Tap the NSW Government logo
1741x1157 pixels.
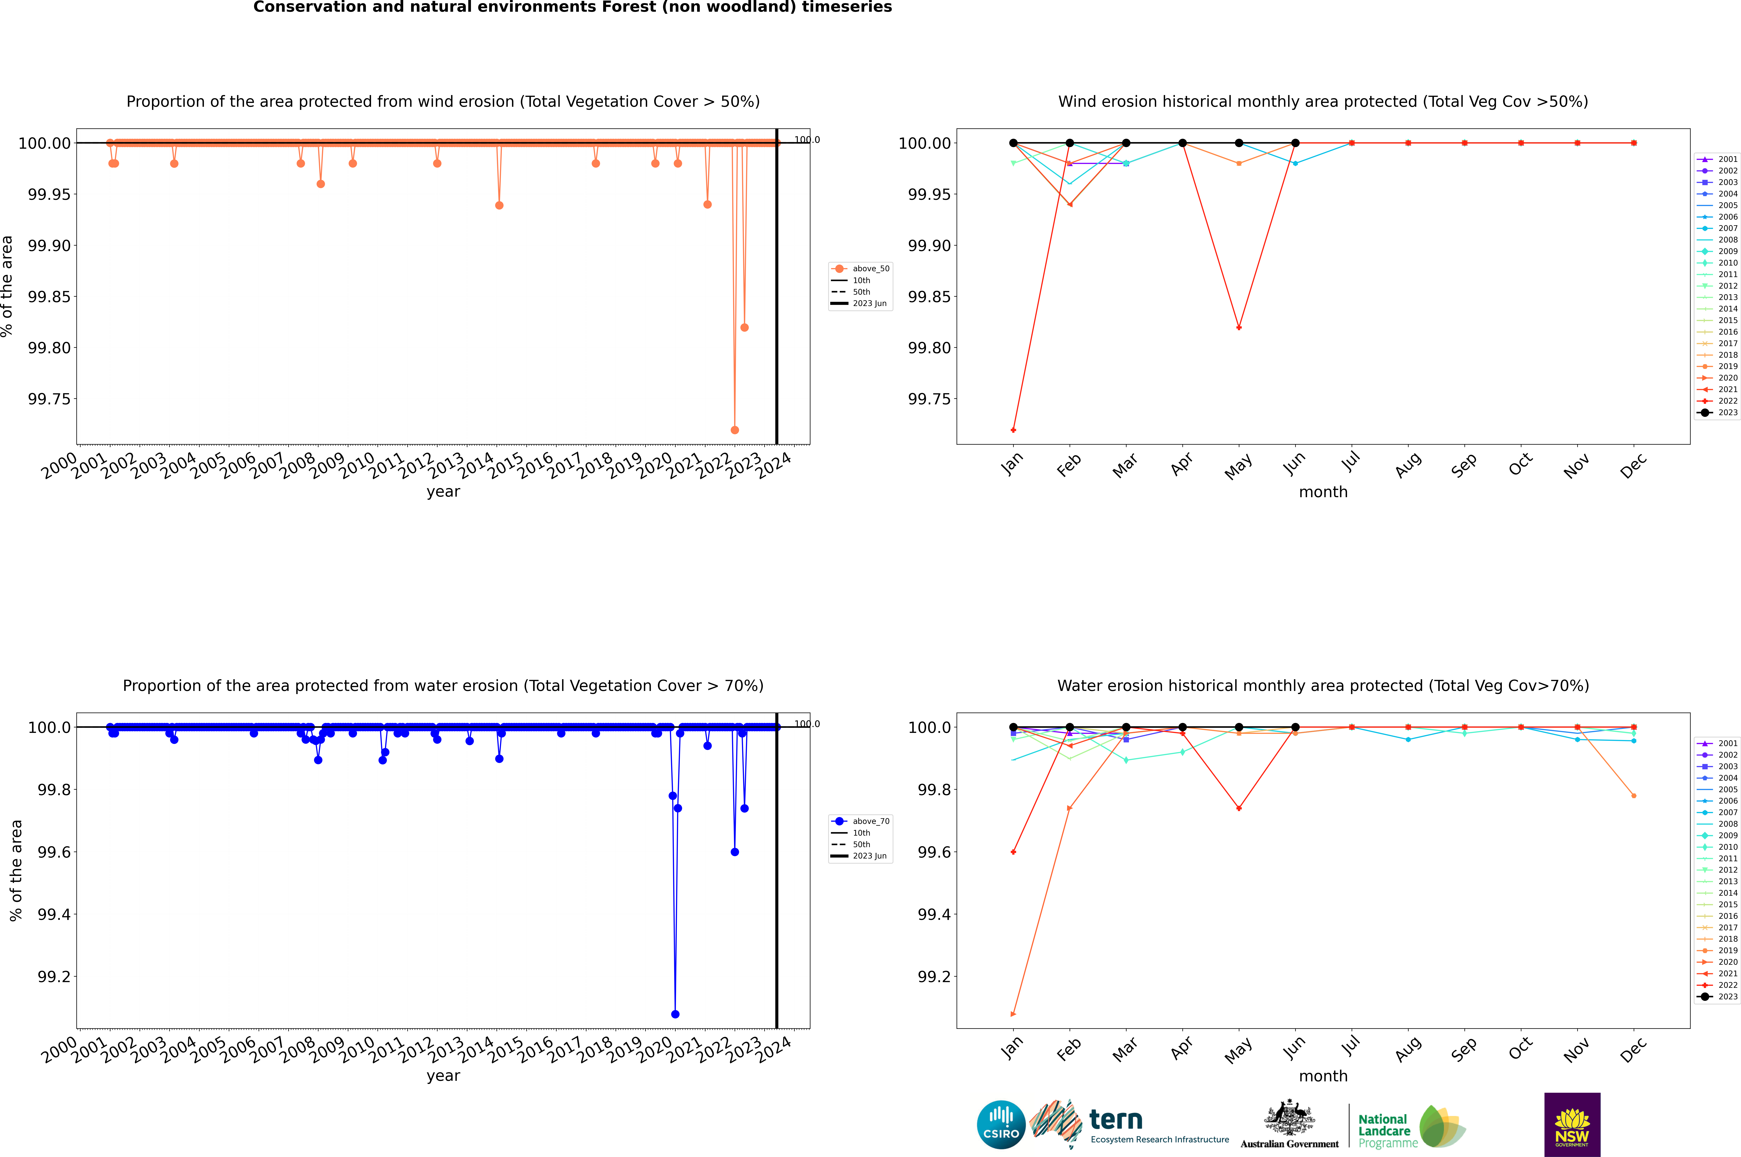pos(1572,1125)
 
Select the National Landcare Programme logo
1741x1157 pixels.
pos(1411,1126)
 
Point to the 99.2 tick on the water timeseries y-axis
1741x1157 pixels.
pos(54,976)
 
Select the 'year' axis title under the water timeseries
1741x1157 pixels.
pos(443,1076)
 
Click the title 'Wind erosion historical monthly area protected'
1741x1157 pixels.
pos(1323,102)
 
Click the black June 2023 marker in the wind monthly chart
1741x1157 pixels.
pos(1295,143)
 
